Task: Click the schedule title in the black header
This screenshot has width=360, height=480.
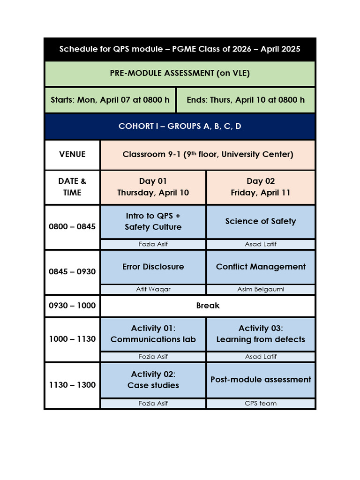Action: (180, 49)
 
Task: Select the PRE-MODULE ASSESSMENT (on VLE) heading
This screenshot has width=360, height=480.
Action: (180, 73)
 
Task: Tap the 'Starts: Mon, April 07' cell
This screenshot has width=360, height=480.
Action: (110, 100)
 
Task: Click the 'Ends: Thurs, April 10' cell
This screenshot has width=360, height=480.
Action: (246, 100)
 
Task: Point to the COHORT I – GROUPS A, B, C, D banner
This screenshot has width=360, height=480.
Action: (180, 127)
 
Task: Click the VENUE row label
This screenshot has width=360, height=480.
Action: (72, 154)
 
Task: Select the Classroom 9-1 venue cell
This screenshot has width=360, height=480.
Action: (208, 154)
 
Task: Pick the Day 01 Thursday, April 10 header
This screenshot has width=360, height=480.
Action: (153, 187)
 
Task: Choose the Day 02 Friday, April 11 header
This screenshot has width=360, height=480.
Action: (261, 187)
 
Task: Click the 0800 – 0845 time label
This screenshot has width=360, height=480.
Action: (72, 227)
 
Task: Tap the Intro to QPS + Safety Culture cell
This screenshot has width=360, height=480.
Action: (153, 221)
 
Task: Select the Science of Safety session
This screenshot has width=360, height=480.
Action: (261, 221)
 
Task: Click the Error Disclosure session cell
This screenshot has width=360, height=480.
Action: (153, 267)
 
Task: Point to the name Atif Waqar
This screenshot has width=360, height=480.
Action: (153, 289)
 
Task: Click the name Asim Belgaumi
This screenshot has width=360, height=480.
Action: (261, 289)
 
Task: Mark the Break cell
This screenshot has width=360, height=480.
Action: (208, 306)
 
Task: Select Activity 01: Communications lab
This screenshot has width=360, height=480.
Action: (153, 334)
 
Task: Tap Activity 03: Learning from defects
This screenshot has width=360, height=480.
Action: (261, 334)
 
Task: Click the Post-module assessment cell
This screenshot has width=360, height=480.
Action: (261, 380)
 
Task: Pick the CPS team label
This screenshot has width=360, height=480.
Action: (261, 403)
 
